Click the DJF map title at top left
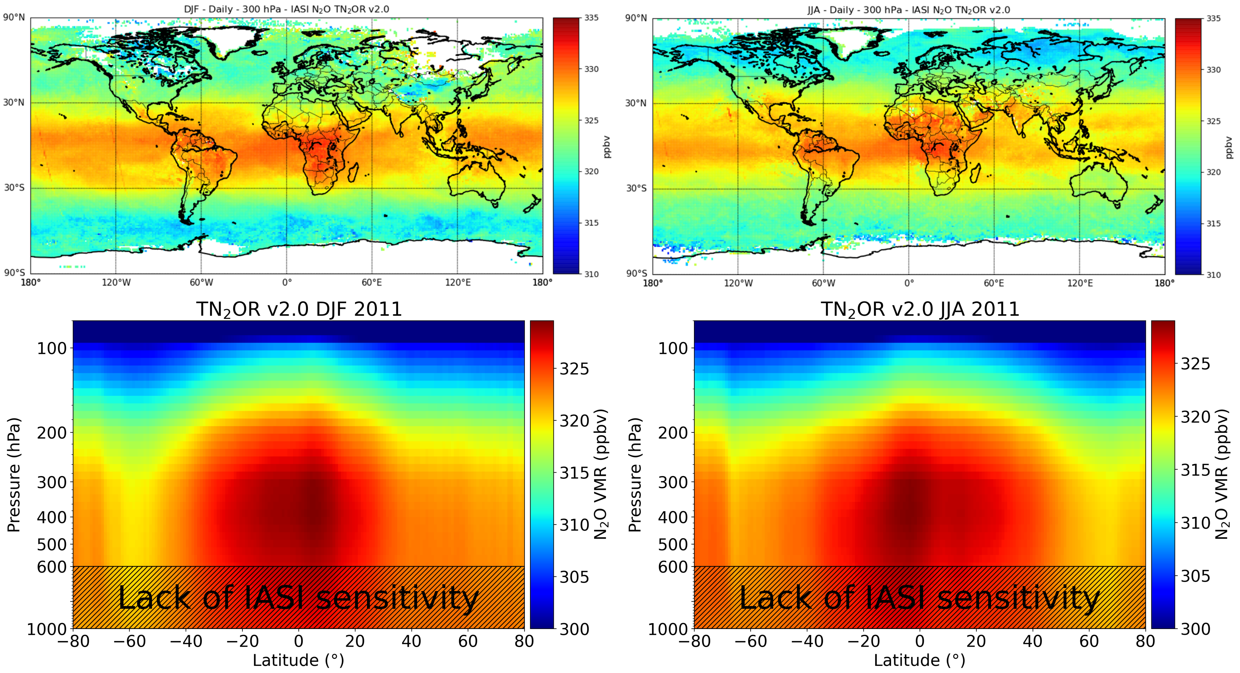(286, 9)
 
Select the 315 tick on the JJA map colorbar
(1213, 224)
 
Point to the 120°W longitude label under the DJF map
(116, 282)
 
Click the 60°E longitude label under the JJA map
(993, 283)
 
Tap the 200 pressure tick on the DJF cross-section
(52, 433)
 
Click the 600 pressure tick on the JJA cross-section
(673, 567)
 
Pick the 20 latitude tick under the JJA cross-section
(976, 642)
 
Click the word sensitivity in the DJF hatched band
(397, 598)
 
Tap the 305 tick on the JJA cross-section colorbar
(1195, 576)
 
